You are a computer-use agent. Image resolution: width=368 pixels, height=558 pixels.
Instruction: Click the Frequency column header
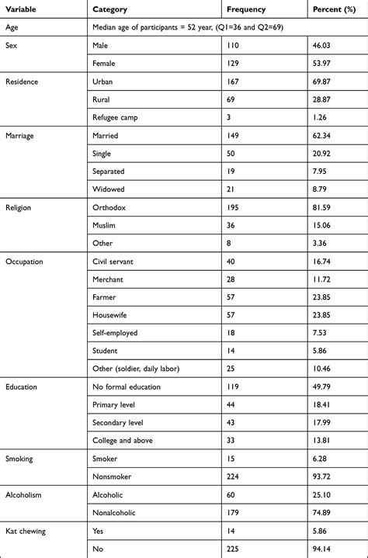(246, 10)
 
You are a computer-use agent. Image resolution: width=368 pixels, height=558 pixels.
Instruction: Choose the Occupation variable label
(25, 262)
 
